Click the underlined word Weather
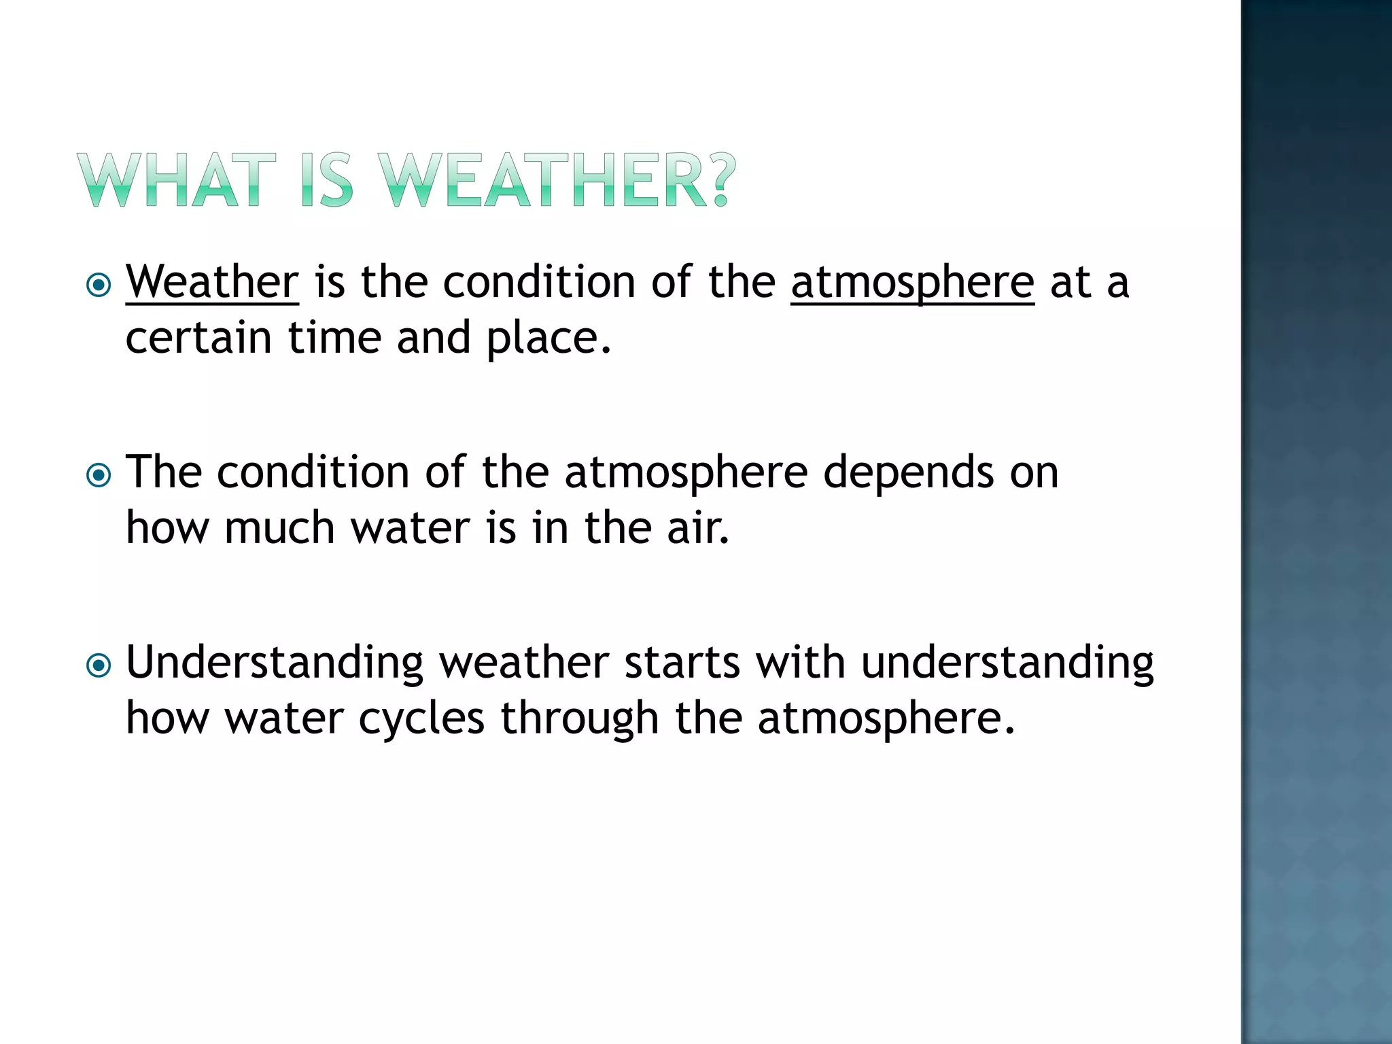212,281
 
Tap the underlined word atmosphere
912,281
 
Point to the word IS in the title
327,180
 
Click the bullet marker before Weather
99,285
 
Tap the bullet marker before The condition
99,475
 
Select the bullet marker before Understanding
99,665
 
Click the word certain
199,338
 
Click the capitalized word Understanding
275,663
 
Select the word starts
682,663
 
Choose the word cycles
421,718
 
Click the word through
580,718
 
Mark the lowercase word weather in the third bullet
524,663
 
